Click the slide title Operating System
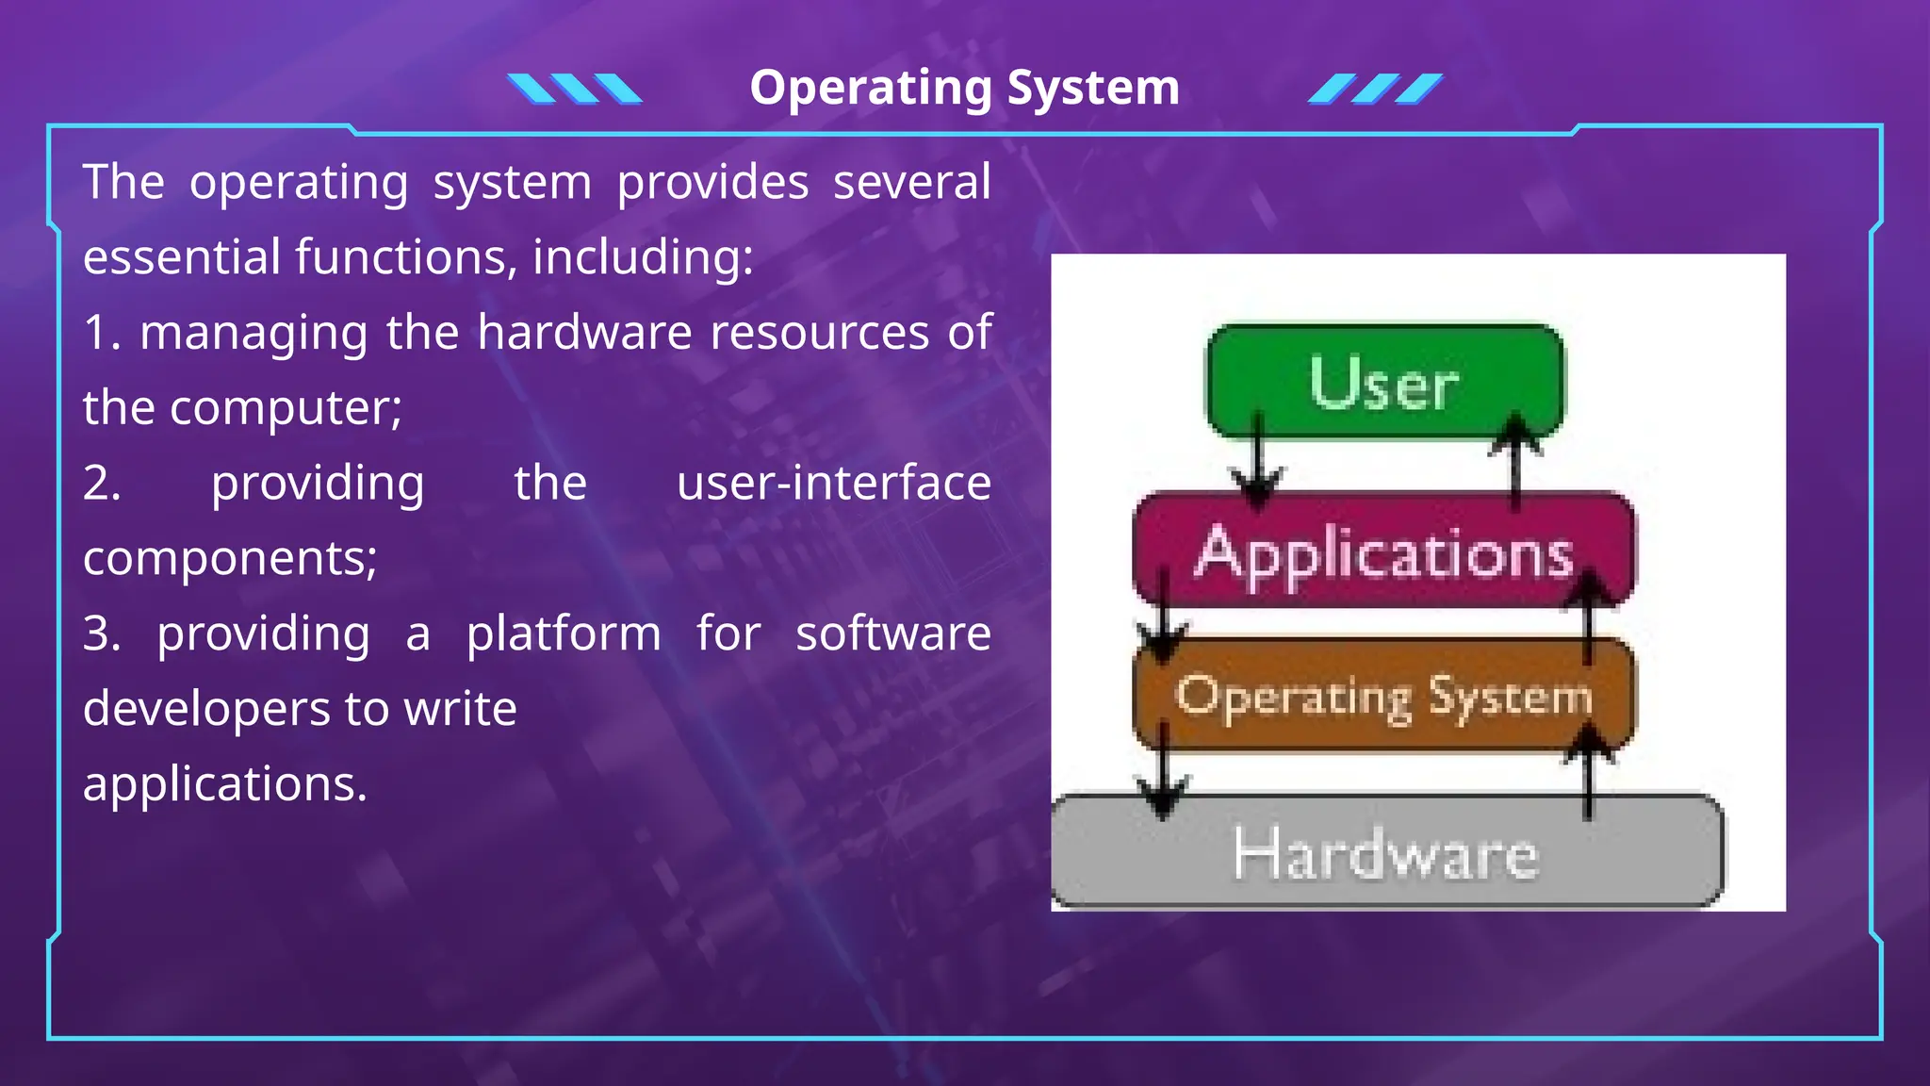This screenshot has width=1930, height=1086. point(964,88)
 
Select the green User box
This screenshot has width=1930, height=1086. point(1383,382)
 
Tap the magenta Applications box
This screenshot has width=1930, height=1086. point(1383,551)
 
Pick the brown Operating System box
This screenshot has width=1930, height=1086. point(1383,696)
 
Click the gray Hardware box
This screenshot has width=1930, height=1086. point(1385,853)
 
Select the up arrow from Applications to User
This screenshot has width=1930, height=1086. point(1514,462)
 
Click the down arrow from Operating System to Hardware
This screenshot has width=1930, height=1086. point(1164,768)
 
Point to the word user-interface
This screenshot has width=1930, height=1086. point(833,483)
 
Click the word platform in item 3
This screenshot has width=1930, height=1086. point(564,633)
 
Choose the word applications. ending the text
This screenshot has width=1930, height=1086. point(224,783)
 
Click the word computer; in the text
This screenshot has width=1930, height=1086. point(286,407)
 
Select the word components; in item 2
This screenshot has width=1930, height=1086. point(230,558)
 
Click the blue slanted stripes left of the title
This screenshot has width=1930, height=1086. point(574,89)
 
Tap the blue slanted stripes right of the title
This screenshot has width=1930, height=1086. point(1375,89)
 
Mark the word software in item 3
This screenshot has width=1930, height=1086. point(892,633)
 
